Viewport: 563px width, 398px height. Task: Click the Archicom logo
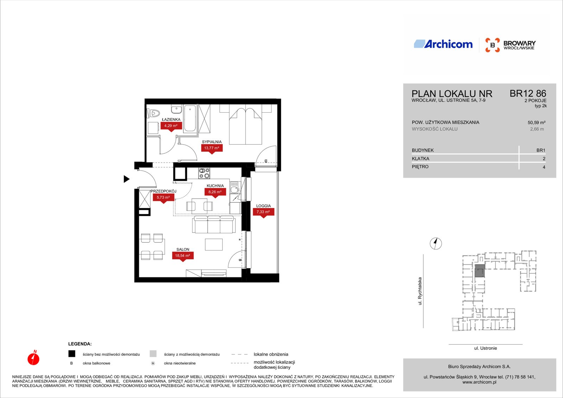[x=443, y=44]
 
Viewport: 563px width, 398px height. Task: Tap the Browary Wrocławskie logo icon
[x=492, y=45]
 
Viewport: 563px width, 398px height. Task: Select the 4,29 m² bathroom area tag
[x=171, y=126]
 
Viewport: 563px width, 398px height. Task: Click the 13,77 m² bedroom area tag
[x=211, y=149]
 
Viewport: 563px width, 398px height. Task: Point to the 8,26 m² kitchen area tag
[x=215, y=192]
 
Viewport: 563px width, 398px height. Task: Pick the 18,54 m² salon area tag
[x=183, y=256]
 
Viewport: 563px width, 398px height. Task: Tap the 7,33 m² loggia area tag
[x=263, y=213]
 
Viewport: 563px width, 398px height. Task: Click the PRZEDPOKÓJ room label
[x=163, y=191]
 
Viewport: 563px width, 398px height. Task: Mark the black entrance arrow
[x=127, y=179]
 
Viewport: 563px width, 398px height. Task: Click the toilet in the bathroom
[x=153, y=113]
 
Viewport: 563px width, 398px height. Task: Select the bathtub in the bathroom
[x=190, y=119]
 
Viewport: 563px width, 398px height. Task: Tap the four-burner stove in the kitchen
[x=204, y=173]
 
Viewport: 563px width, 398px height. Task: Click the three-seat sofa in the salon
[x=214, y=224]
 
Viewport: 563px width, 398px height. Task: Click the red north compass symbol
[x=33, y=358]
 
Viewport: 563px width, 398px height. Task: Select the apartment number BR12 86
[x=528, y=94]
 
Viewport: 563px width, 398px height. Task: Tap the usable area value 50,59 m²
[x=536, y=123]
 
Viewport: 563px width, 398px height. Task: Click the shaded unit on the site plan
[x=480, y=271]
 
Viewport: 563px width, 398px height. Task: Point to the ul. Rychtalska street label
[x=420, y=291]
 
